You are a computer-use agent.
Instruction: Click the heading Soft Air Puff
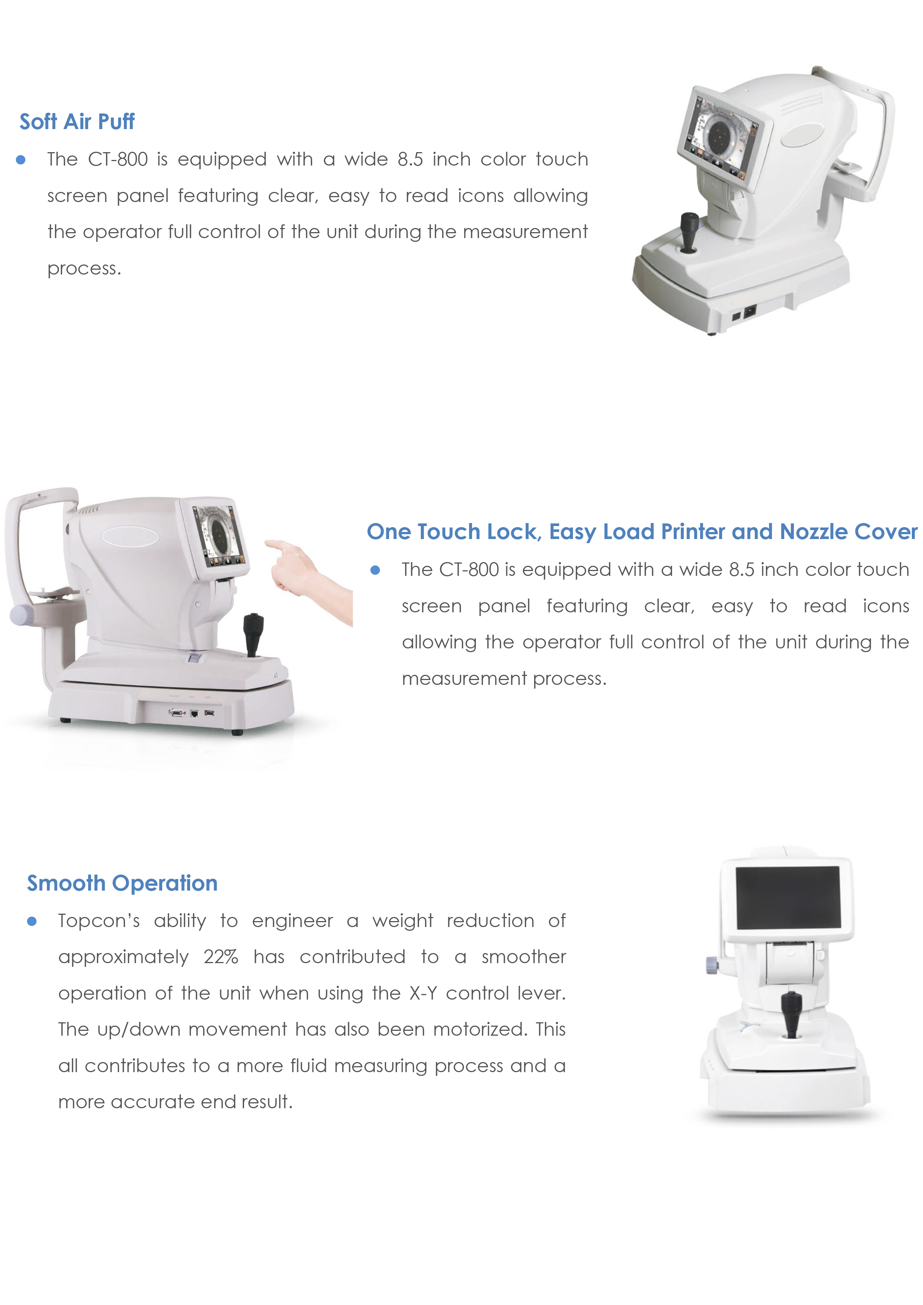pyautogui.click(x=77, y=122)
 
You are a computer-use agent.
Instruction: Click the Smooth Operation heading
pyautogui.click(x=122, y=883)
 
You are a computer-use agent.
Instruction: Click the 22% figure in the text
pyautogui.click(x=221, y=957)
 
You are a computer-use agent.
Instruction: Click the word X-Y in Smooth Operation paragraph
pyautogui.click(x=423, y=994)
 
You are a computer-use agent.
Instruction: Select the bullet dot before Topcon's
pyautogui.click(x=32, y=921)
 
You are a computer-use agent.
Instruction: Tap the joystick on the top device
pyautogui.click(x=689, y=232)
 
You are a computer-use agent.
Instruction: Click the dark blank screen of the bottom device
pyautogui.click(x=788, y=898)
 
